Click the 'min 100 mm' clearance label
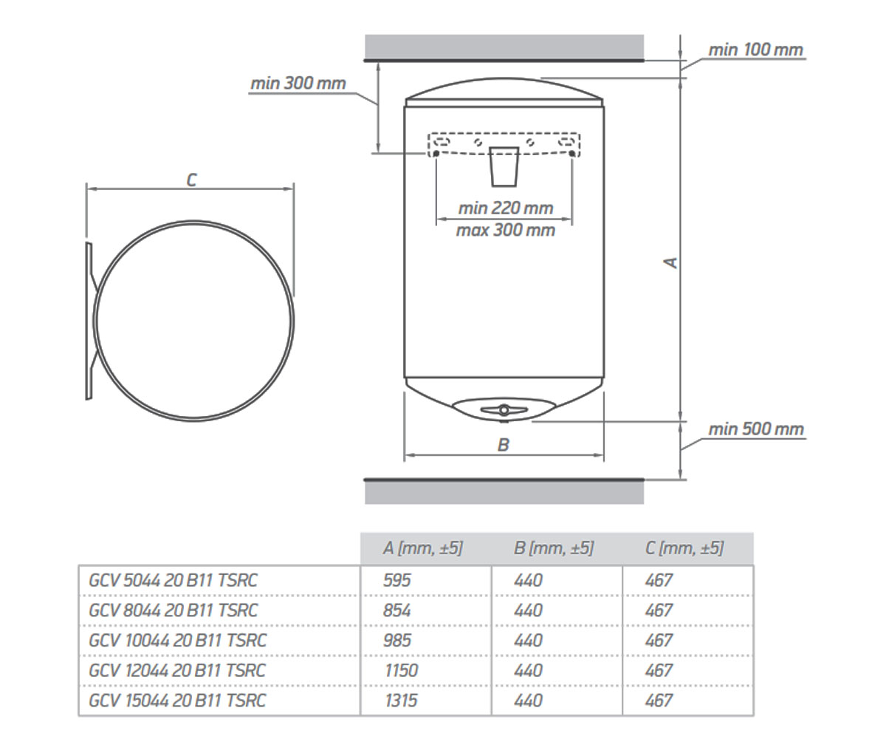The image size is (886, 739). point(756,50)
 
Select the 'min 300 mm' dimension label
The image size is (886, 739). point(298,84)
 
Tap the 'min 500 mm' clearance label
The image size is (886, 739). point(756,429)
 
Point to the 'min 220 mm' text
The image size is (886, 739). point(506,208)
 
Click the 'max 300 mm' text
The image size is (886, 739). point(506,230)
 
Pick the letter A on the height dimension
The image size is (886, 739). point(670,262)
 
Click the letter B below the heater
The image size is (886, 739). point(504,445)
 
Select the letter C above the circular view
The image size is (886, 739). point(192,180)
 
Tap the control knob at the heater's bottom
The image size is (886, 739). point(504,410)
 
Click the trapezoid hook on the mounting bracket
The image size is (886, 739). point(504,166)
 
